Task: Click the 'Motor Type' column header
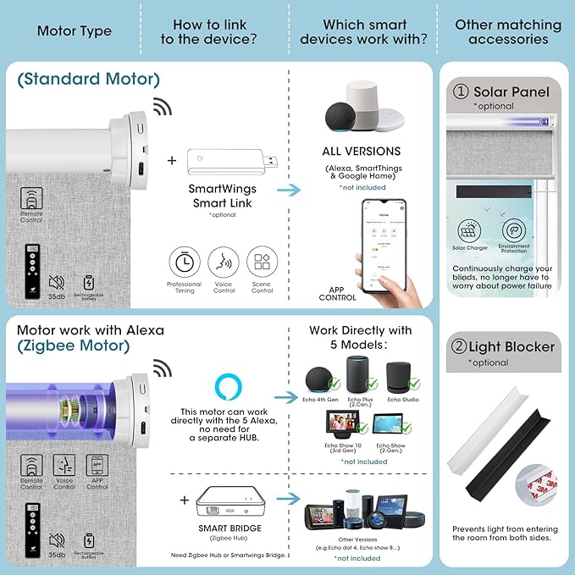click(x=74, y=31)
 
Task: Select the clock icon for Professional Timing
click(x=184, y=262)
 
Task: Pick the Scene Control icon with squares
click(x=263, y=262)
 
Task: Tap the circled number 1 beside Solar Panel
click(x=461, y=91)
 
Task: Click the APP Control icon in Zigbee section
click(x=97, y=465)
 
